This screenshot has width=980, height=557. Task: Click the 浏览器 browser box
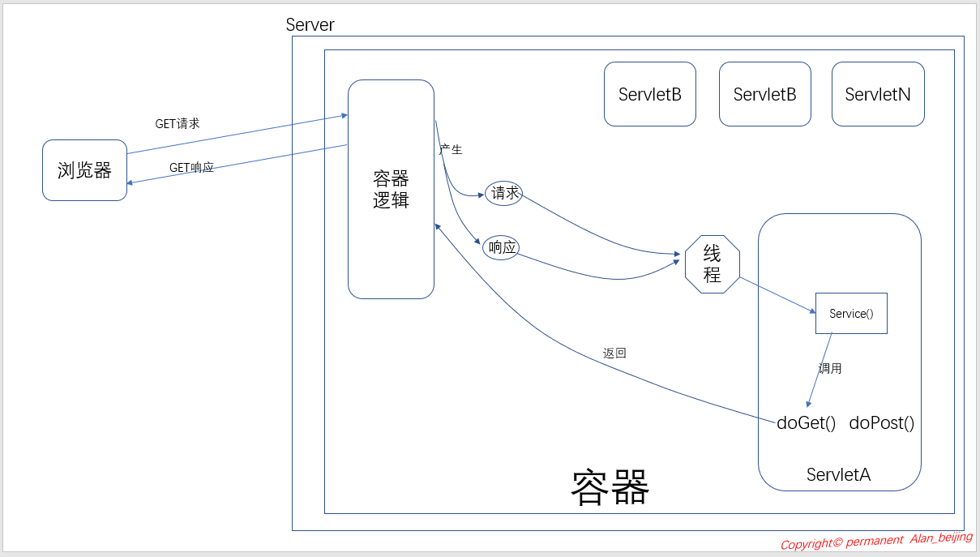coord(84,170)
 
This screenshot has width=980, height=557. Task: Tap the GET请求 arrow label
coord(178,124)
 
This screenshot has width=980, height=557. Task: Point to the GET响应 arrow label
coord(191,168)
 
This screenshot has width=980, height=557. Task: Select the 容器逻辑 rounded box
coord(391,189)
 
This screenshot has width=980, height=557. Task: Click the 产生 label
coord(451,149)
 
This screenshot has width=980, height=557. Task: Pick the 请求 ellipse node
coord(503,193)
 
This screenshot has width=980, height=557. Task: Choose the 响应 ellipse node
coord(501,247)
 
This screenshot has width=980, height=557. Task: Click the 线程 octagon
coord(713,264)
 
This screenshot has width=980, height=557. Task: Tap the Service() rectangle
coord(851,313)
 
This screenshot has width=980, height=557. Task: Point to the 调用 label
coord(830,368)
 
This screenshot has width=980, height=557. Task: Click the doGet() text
coord(806,422)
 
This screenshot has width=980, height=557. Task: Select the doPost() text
coord(882,422)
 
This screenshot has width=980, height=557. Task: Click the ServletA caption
coord(838,475)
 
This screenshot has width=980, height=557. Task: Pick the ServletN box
coord(878,94)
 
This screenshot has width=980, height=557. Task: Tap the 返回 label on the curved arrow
coord(614,353)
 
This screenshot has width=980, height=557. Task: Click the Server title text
coord(310,24)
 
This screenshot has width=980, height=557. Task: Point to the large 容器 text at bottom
coord(610,487)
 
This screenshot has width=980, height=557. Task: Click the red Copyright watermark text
coord(876,540)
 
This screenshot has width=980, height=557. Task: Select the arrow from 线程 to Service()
coord(778,295)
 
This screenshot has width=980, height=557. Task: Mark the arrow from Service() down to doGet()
coord(820,370)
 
